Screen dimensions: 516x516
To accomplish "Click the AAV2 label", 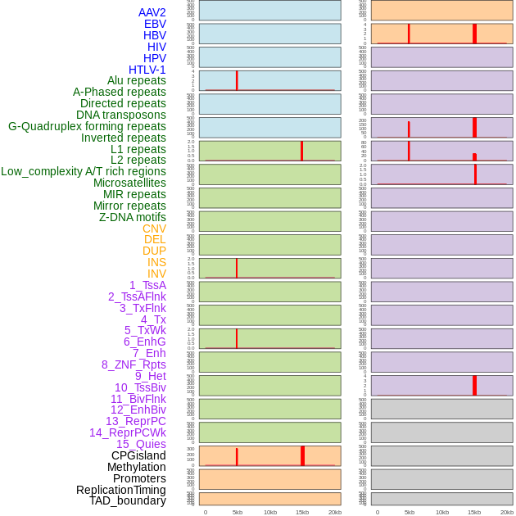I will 152,12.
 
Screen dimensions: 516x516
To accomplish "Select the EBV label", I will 155,24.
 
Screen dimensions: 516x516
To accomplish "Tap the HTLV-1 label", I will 147,70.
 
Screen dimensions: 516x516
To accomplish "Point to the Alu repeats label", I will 137,80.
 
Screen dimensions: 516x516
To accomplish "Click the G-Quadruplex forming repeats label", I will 87,126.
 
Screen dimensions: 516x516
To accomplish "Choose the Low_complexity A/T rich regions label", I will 84,171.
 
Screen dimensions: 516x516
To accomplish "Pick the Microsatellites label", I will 129,183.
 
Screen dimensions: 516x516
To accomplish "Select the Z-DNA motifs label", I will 132,217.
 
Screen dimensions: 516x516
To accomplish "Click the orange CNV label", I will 154,229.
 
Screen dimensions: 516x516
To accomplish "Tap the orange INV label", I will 156,274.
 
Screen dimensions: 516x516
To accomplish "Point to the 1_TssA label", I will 147,285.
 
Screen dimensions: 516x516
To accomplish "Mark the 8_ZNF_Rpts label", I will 134,364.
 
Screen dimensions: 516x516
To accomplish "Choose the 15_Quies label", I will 141,444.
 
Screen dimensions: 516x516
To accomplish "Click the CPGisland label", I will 138,455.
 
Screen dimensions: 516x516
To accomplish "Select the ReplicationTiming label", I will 120,490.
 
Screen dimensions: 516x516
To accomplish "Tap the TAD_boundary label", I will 128,500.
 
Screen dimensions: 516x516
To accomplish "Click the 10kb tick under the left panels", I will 270,512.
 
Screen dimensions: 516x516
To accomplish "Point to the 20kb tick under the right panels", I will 507,512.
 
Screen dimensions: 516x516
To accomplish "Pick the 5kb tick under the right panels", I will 410,512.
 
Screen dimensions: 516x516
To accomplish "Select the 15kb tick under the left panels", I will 302,512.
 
